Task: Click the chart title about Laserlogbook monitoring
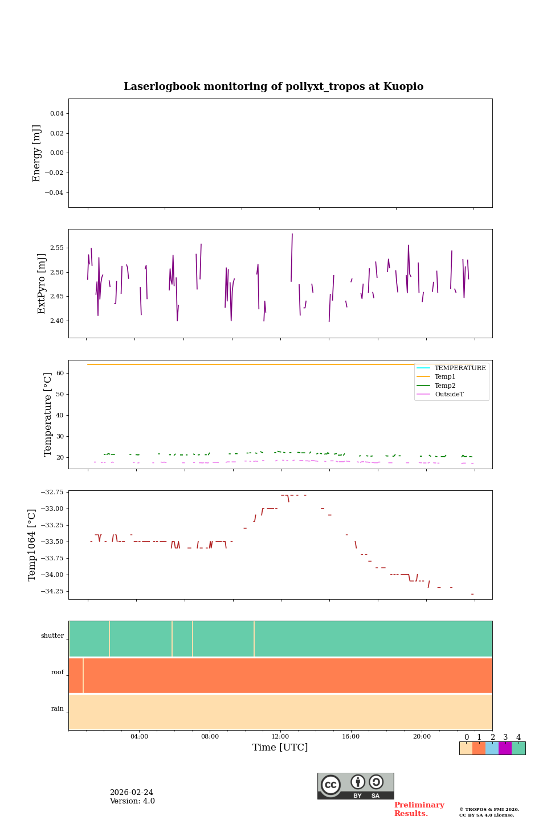273,87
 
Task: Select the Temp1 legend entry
445,377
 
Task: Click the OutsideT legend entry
449,395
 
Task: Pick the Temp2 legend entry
445,386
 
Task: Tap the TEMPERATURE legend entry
460,368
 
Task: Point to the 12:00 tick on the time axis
280,737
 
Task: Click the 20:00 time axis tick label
422,737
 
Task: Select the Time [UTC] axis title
280,748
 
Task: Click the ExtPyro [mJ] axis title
42,284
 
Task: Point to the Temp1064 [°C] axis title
32,545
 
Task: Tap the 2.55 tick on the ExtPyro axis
56,248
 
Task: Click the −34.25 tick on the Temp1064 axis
52,592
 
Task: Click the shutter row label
52,636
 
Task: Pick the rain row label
58,709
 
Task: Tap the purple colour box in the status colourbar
505,748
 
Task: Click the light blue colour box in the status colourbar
492,748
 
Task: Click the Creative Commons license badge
356,786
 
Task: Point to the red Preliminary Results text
419,809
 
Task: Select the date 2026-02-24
131,793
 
